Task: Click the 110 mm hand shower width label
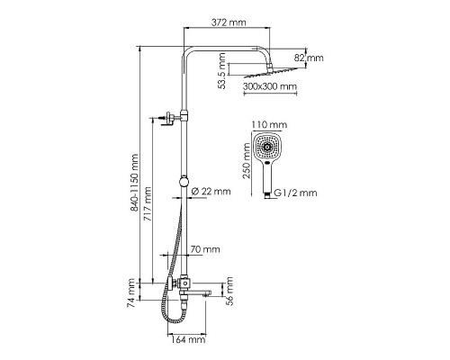coord(268,123)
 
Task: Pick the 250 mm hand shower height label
coord(246,166)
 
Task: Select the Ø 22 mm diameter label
coord(212,191)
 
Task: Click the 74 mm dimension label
coord(131,295)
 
